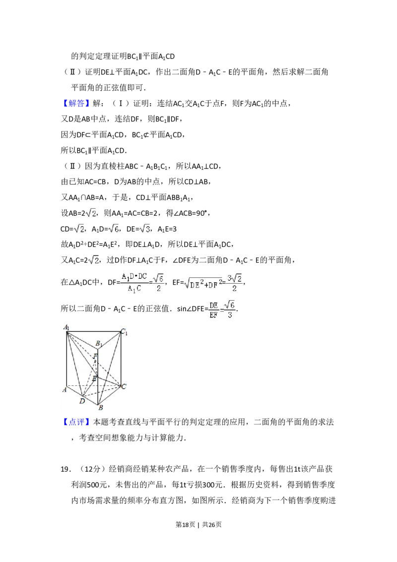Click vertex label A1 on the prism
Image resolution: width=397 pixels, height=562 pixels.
pos(66,327)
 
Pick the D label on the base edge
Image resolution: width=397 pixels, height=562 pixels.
pos(82,400)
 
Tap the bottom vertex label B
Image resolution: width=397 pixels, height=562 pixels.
pos(100,408)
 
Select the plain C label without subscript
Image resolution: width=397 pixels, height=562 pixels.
pos(124,386)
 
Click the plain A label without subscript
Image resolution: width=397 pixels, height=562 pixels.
pos(65,390)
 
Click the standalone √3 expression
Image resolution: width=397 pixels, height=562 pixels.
pos(145,229)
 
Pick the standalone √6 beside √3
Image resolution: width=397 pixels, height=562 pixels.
pos(113,229)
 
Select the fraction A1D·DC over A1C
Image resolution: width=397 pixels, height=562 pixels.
pos(135,283)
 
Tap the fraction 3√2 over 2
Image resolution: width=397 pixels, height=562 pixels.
pos(234,281)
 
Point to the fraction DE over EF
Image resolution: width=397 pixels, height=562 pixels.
pos(214,310)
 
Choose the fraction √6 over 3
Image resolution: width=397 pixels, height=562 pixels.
pos(230,310)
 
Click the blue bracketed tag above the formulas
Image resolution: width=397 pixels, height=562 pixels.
pos(77,103)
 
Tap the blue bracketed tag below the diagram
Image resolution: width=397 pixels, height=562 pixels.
pos(77,422)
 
